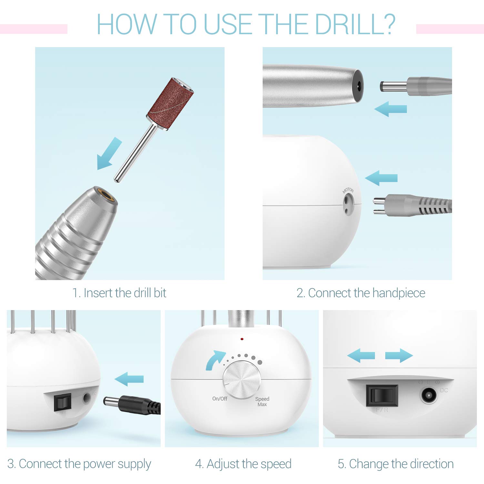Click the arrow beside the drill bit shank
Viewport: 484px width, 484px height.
pos(109,153)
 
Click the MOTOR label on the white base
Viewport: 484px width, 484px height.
pos(348,191)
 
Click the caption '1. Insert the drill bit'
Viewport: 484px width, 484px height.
pos(119,293)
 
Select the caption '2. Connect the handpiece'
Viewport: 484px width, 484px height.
pos(360,293)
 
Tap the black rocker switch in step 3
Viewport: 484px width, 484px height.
pos(62,402)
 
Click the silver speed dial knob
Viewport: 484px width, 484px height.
pos(242,380)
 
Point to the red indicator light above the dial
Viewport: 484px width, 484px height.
pos(242,339)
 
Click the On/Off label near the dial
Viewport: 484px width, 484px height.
pos(219,399)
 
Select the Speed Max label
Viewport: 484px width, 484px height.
pos(262,402)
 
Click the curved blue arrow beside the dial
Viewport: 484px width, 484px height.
pos(214,360)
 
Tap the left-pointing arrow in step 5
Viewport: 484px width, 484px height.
pos(361,356)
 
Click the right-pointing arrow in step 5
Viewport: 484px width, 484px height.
pos(399,356)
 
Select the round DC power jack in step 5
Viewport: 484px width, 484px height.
pos(429,395)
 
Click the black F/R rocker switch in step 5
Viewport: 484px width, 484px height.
pos(382,395)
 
